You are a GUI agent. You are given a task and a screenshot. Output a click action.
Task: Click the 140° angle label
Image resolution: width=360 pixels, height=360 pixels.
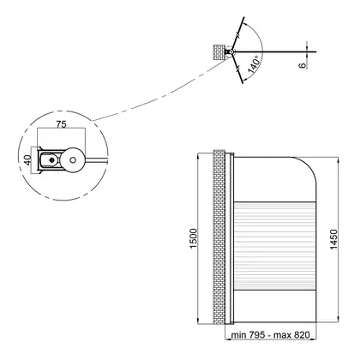coord(254,65)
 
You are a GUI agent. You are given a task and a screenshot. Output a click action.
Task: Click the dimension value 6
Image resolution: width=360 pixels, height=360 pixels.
coord(303,65)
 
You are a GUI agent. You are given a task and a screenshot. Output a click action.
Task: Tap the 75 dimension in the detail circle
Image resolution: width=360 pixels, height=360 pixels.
coord(61,124)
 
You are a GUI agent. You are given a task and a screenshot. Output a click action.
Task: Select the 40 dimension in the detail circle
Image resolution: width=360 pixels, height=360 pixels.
coord(27,160)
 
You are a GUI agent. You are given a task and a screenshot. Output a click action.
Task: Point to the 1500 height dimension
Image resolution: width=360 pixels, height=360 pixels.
coord(194,238)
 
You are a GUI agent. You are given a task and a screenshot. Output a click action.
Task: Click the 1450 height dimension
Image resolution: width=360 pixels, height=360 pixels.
coord(333,239)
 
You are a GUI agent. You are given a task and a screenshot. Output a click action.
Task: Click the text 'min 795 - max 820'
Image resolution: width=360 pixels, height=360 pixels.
coord(270,334)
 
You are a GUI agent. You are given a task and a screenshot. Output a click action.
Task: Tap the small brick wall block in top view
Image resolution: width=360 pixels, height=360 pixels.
coord(219,51)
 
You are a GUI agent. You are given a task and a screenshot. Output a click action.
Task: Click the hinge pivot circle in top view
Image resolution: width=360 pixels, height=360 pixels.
coord(231,52)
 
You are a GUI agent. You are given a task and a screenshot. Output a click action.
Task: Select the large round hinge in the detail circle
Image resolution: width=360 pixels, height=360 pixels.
coord(73,160)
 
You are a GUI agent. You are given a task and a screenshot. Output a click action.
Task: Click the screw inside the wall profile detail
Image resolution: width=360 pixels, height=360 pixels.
coord(51,160)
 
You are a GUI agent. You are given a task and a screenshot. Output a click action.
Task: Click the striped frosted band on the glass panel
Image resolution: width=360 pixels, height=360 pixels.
coord(275,246)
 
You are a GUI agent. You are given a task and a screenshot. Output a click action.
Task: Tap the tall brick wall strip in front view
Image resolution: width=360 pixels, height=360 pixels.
coord(219,237)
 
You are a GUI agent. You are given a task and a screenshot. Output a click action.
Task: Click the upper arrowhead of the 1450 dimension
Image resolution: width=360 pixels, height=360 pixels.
coord(339,160)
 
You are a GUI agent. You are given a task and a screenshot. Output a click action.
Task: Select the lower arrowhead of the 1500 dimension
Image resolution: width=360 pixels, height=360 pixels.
coord(199,321)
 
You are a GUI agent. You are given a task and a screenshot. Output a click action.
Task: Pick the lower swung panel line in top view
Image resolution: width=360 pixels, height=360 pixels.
coord(237,68)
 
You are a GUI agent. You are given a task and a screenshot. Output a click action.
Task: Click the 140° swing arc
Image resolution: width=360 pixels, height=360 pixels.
coord(260,51)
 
